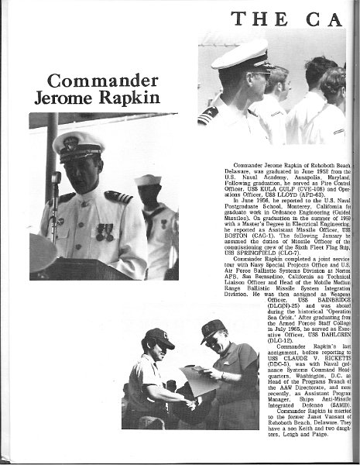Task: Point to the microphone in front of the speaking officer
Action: (56, 180)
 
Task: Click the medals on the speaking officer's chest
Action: (105, 231)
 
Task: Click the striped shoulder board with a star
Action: (207, 115)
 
